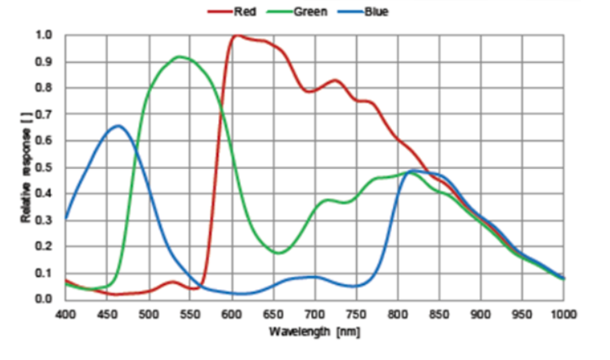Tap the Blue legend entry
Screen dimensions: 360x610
374,12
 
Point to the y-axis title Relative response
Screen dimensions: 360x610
27,168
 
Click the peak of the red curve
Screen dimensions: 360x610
237,36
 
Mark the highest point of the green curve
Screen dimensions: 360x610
179,56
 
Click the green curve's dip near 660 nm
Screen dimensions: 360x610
278,253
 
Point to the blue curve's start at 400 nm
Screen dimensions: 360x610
66,218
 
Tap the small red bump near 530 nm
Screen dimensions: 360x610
172,282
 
